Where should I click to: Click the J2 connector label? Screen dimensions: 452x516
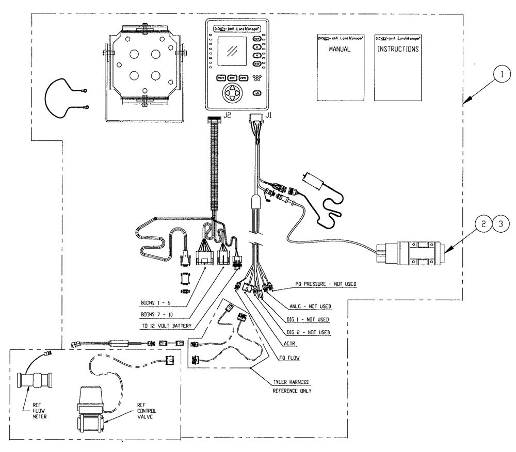[x=225, y=116]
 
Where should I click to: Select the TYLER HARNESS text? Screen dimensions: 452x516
[x=291, y=382]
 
